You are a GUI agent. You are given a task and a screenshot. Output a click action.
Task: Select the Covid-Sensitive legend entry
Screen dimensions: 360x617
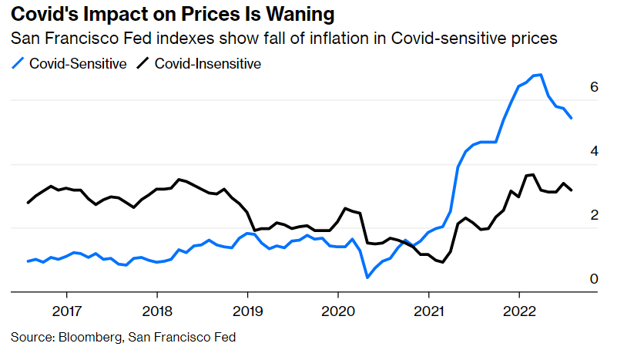tap(78, 63)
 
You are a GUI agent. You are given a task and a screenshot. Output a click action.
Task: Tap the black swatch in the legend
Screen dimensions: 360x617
tap(143, 63)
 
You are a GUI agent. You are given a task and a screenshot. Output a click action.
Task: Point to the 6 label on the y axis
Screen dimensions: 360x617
tap(594, 88)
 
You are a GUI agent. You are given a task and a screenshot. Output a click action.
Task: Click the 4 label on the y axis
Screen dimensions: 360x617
tap(594, 152)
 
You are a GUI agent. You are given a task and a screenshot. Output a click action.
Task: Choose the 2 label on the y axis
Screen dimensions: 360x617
tap(594, 216)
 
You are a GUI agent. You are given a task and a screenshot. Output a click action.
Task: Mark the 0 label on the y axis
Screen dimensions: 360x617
tap(594, 279)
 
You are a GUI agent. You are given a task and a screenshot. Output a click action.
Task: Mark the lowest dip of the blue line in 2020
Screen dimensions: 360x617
tap(367, 277)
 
